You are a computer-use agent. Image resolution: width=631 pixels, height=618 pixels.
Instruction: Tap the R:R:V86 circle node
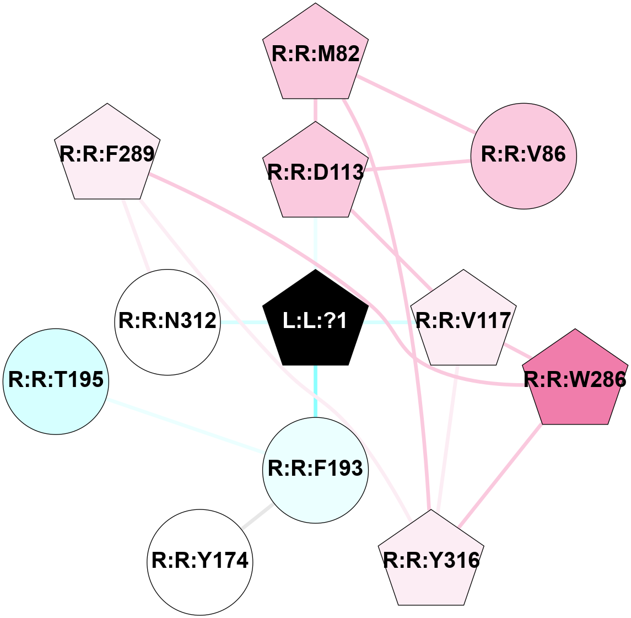point(524,155)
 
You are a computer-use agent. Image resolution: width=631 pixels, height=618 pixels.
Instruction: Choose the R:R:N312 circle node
point(168,322)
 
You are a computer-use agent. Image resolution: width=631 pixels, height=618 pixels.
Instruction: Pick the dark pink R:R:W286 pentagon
point(575,380)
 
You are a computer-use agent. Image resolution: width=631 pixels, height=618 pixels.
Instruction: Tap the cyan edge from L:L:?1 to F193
point(315,391)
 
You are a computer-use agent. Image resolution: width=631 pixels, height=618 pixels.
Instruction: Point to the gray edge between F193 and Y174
point(257,516)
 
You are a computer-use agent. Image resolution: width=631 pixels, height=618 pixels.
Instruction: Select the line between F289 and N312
point(136,235)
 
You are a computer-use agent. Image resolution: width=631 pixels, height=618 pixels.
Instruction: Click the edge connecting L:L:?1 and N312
point(242,322)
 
